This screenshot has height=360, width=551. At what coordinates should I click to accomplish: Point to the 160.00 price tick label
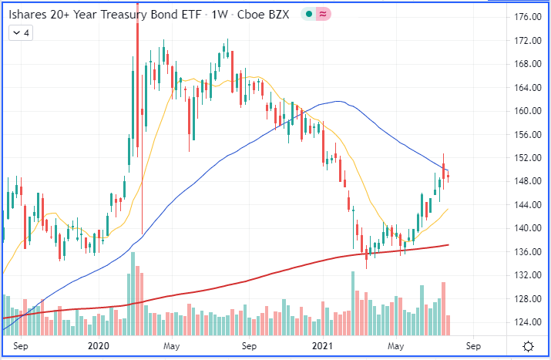click(x=526, y=111)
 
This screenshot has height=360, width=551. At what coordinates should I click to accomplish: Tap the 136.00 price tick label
click(x=526, y=252)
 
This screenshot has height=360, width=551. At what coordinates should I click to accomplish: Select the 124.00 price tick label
click(x=526, y=323)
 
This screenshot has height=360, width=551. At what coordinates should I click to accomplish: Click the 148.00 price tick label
click(x=526, y=181)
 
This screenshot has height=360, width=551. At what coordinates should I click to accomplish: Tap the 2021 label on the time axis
click(x=321, y=346)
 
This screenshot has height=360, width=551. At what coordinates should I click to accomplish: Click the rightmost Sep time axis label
click(x=473, y=346)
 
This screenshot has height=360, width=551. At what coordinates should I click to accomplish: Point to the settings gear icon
click(x=529, y=346)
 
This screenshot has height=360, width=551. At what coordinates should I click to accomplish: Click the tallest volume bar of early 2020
click(x=133, y=293)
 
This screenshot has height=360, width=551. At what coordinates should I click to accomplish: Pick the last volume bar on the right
click(x=449, y=325)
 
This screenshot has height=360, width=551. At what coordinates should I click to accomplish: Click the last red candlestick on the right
click(x=449, y=178)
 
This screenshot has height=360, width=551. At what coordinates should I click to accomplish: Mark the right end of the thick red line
click(x=449, y=245)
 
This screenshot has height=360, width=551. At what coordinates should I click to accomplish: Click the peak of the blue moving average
click(x=337, y=101)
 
